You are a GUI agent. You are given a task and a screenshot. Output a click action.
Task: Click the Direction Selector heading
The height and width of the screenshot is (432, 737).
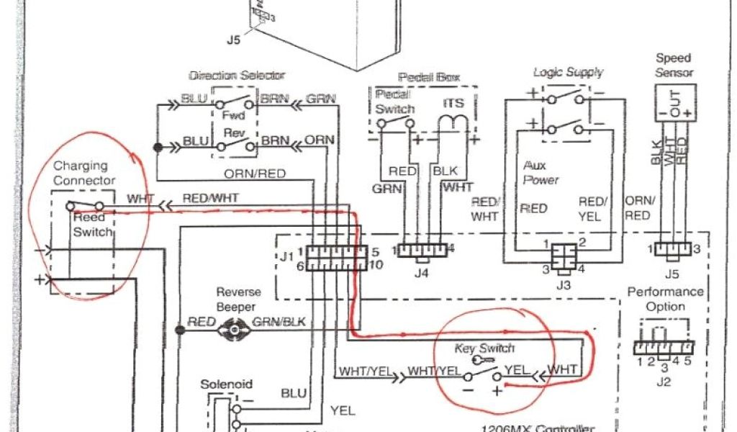[x=237, y=75]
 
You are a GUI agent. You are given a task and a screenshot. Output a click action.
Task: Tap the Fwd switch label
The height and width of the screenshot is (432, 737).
[x=230, y=115]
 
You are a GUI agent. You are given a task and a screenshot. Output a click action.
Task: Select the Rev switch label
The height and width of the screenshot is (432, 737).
[x=230, y=135]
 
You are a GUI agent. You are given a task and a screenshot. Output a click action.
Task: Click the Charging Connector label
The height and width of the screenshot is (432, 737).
[x=83, y=173]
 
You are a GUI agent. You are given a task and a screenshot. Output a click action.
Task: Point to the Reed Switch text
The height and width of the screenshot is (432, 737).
[x=93, y=225]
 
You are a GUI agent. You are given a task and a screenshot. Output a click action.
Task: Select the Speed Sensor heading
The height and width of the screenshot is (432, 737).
[x=674, y=65]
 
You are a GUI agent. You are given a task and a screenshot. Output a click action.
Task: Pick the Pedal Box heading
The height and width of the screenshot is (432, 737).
[x=428, y=77]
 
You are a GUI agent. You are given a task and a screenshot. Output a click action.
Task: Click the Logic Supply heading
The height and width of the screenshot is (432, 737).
[x=568, y=73]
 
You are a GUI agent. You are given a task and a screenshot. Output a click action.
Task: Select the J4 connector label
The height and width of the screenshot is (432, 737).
[x=422, y=273]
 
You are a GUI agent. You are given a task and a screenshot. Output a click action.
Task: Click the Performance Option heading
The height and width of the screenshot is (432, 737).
[x=665, y=299]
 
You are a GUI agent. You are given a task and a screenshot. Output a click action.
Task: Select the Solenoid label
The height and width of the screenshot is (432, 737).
[x=226, y=385]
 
